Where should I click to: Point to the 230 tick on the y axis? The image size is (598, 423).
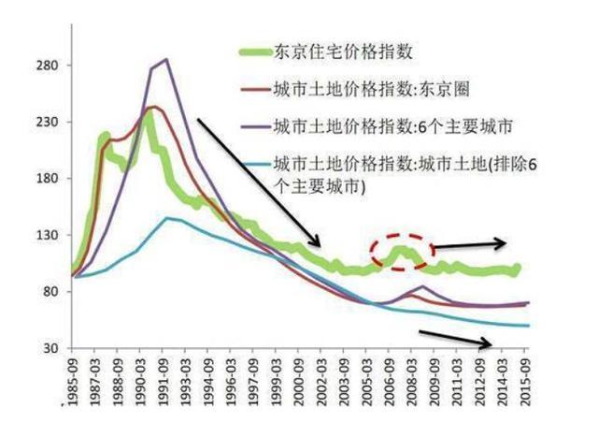pyautogui.click(x=49, y=122)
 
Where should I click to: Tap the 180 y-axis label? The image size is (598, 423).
pyautogui.click(x=49, y=178)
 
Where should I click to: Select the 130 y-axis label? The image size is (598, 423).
pyautogui.click(x=49, y=235)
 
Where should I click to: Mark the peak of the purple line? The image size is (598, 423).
pyautogui.click(x=165, y=60)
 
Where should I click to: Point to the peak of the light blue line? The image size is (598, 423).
pyautogui.click(x=166, y=218)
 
